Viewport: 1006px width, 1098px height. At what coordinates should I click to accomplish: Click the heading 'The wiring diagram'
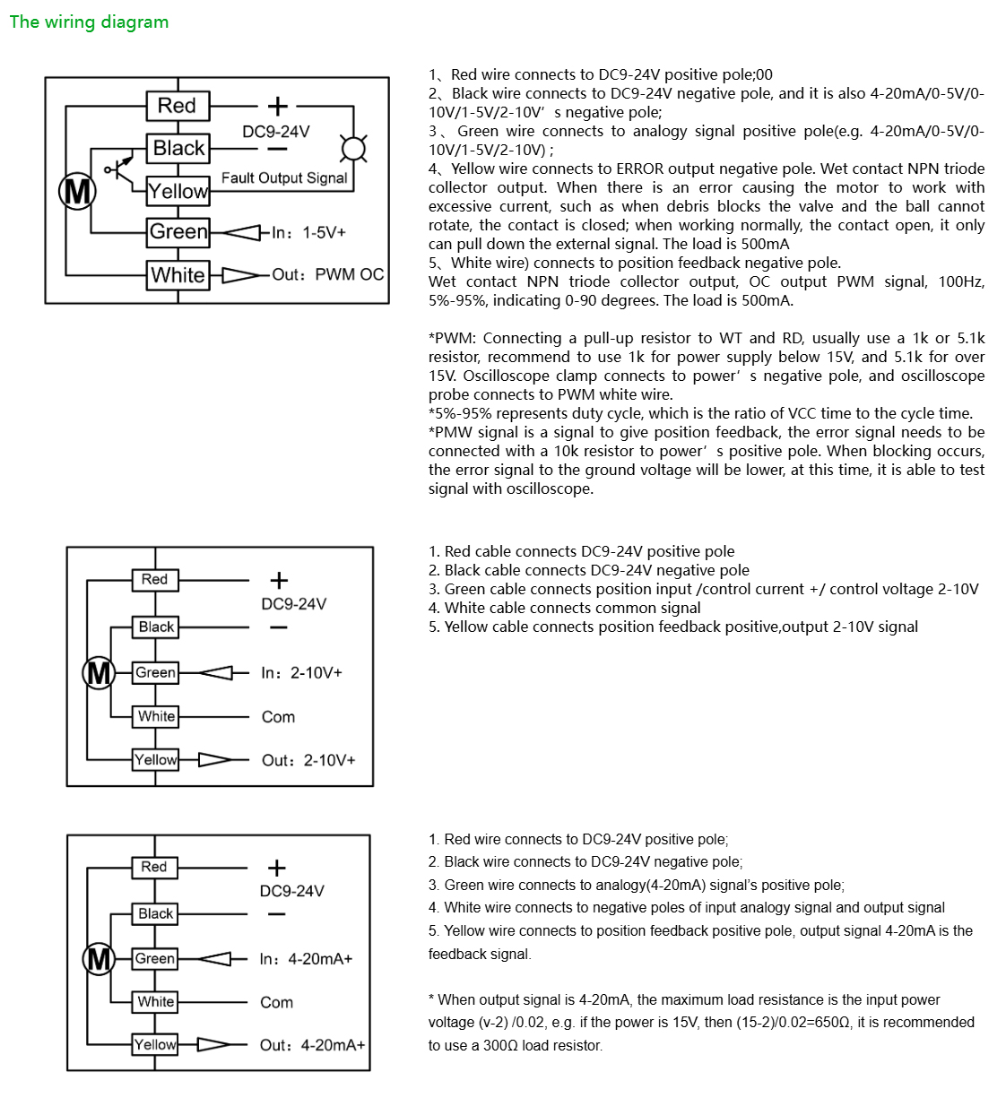pos(89,22)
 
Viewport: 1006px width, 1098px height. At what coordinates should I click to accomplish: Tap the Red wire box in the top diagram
pos(178,106)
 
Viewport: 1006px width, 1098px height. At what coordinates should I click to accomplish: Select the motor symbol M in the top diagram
pos(77,191)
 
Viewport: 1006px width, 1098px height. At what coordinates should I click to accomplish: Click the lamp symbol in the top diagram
pos(354,148)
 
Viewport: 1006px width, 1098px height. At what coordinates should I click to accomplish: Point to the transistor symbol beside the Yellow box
pos(118,168)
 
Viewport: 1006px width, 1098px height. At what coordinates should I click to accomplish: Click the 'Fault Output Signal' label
pos(284,178)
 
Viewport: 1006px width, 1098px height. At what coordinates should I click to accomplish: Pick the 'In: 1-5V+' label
pos(308,233)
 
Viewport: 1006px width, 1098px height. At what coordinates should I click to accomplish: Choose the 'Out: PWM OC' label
pos(327,275)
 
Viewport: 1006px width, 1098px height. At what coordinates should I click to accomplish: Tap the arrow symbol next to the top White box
pos(240,275)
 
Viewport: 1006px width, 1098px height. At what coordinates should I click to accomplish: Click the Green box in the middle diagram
pos(155,672)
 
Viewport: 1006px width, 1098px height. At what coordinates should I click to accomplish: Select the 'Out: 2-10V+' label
pos(308,760)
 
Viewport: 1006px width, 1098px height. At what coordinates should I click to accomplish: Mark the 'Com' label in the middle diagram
pos(278,717)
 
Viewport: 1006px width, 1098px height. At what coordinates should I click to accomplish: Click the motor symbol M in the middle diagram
pos(99,672)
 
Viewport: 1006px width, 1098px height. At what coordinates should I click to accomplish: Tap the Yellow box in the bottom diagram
pos(155,1044)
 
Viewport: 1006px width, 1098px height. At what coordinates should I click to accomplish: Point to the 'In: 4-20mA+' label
pos(306,959)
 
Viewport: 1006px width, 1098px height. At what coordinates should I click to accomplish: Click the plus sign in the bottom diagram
pos(277,868)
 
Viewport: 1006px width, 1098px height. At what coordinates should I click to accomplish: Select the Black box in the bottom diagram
pos(155,913)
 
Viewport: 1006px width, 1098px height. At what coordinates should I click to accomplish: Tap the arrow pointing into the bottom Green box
pos(215,959)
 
